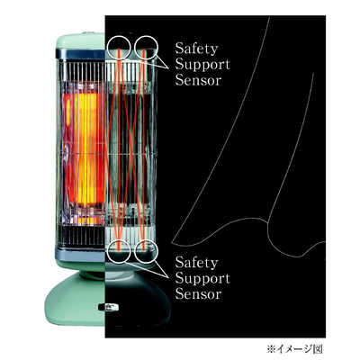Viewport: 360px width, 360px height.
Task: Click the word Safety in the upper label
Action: point(196,49)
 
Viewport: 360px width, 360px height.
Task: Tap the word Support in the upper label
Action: point(202,65)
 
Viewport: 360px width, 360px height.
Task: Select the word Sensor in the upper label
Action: point(198,80)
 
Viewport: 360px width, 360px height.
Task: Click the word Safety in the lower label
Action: point(196,263)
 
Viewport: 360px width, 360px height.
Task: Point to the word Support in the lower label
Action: point(202,279)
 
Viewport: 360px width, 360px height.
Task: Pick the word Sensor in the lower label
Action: point(198,294)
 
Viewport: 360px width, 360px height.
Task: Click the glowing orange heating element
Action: point(84,150)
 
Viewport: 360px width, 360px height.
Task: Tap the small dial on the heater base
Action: point(109,307)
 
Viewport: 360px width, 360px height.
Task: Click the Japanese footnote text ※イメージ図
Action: point(294,349)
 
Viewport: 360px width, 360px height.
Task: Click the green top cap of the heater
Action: point(80,41)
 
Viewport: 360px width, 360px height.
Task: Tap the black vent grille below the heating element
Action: point(82,236)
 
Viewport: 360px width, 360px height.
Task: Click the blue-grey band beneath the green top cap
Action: point(80,54)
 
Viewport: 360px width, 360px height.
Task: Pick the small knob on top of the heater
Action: point(87,32)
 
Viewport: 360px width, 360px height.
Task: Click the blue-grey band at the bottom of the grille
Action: point(80,255)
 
